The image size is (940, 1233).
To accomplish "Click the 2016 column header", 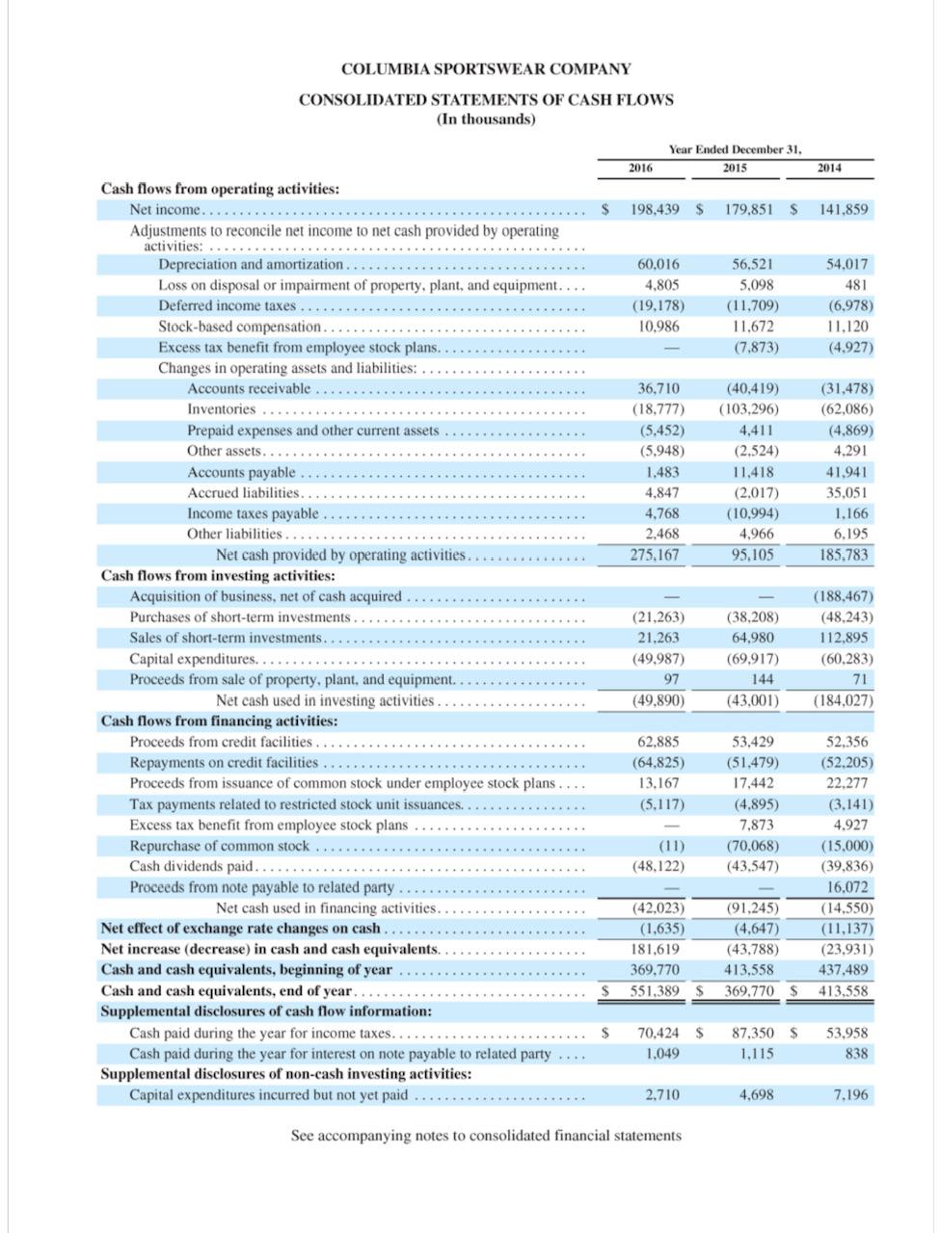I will point(640,169).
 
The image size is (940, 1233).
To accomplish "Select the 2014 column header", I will point(828,169).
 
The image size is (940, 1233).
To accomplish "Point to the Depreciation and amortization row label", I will point(251,264).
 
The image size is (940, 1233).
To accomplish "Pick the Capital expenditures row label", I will point(193,659).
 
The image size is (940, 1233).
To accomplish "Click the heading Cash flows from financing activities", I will point(220,721).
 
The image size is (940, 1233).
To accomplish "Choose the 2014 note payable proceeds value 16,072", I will point(847,887).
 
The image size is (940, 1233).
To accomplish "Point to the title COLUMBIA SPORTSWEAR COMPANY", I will point(486,69).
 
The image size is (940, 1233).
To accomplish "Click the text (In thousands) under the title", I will point(486,119).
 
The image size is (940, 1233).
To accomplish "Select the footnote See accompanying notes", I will point(486,1136).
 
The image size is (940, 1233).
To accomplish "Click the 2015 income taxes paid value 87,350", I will point(753,1033).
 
